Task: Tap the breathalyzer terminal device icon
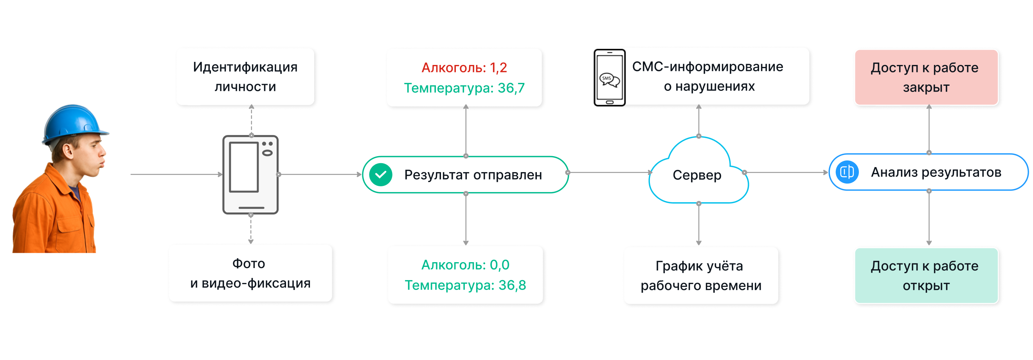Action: (x=251, y=175)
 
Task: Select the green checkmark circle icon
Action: (x=381, y=175)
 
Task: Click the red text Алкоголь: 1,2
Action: (x=464, y=68)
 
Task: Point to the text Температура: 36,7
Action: (x=464, y=88)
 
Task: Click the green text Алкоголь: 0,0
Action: (x=465, y=265)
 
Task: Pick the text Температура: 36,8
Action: (x=465, y=285)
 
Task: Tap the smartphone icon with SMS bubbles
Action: (x=609, y=77)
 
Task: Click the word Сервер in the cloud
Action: (x=697, y=175)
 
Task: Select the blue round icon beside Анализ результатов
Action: (x=847, y=172)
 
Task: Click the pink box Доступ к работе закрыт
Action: (x=926, y=77)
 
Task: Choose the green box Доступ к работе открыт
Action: (x=926, y=275)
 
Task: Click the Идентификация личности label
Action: (x=245, y=77)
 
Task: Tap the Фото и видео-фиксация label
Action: (x=250, y=273)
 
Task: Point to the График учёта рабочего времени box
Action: (x=700, y=275)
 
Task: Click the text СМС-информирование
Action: (x=707, y=67)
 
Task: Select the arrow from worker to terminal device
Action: (x=176, y=175)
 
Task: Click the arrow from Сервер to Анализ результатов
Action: (x=786, y=173)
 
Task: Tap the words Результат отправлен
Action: (x=473, y=175)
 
